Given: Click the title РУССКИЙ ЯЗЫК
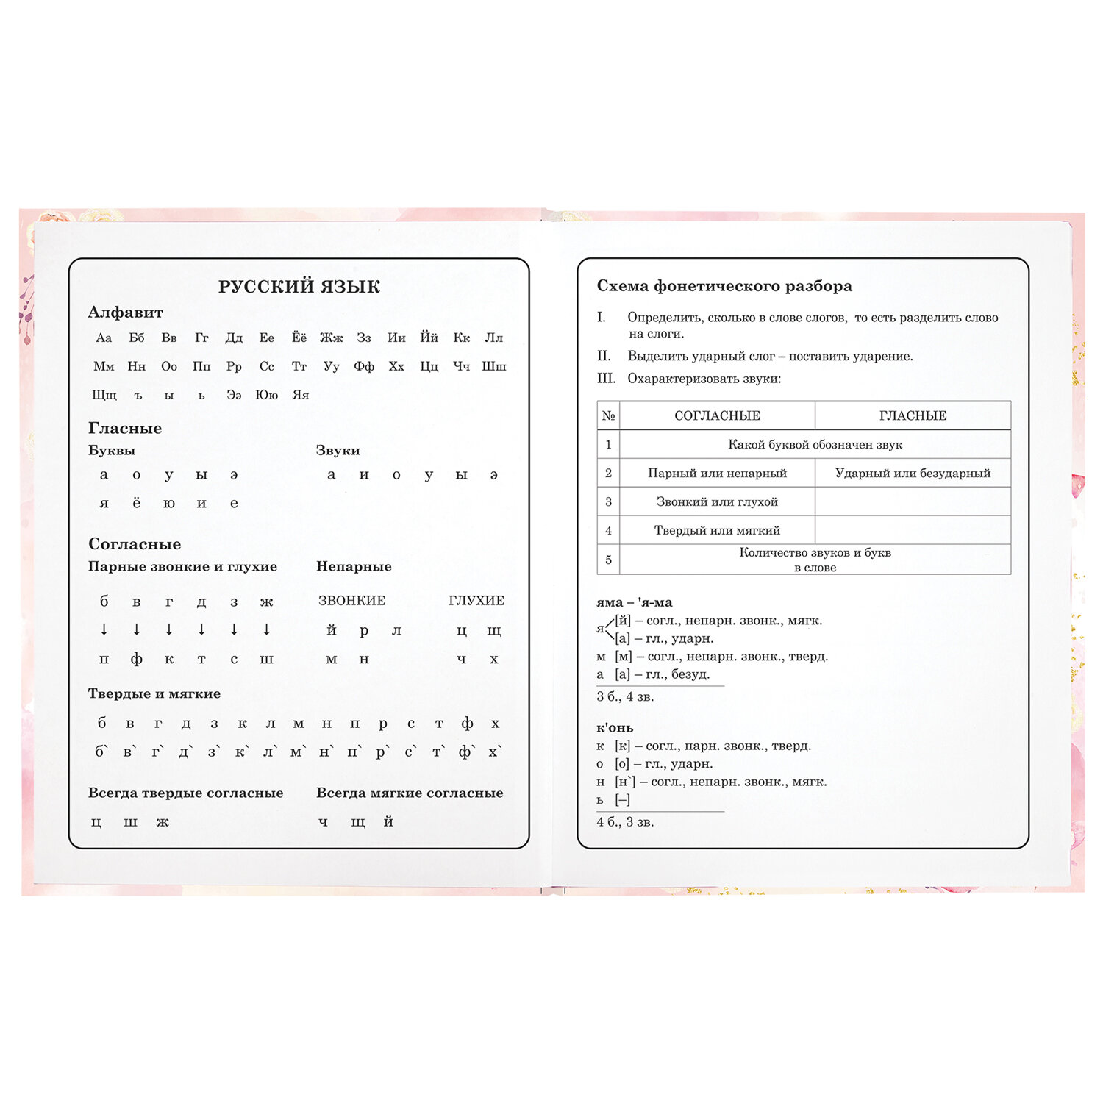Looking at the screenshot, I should (x=299, y=287).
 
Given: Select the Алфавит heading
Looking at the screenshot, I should (x=125, y=313).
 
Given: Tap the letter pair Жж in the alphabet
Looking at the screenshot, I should (x=331, y=338).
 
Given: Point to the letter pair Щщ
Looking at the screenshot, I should (x=104, y=395).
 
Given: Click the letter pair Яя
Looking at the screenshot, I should (x=300, y=395).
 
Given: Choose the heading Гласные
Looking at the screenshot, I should (x=125, y=428).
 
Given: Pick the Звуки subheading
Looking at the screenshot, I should (x=338, y=450).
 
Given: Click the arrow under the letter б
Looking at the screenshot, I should (x=104, y=629).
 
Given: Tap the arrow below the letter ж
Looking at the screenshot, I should (x=266, y=629).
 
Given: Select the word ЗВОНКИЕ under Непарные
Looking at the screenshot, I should (x=351, y=601).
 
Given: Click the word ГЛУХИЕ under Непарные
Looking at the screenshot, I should (x=476, y=601).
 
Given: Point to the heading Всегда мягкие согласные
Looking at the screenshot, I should (x=410, y=793).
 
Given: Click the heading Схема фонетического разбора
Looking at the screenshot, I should (x=724, y=286).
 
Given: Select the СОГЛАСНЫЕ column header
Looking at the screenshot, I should (x=717, y=415).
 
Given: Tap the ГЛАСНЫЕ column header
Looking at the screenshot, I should (x=913, y=415).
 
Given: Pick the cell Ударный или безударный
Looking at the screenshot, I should (x=913, y=473).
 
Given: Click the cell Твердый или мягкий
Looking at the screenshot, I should (x=717, y=530).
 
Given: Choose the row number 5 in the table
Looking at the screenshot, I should (x=608, y=560).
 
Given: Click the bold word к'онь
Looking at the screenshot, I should (x=615, y=728).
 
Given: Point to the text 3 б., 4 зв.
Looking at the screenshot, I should (x=625, y=696).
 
